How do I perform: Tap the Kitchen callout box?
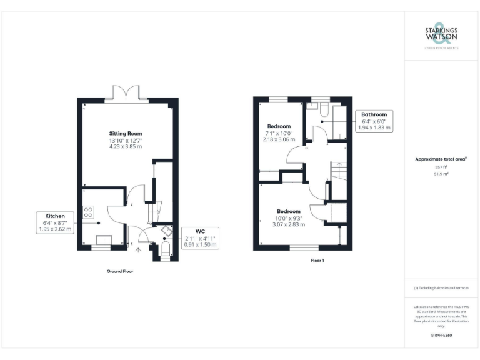pos(56,222)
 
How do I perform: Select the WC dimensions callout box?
pos(200,238)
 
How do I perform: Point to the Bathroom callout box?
pos(374,121)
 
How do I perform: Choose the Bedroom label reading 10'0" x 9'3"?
pos(289,217)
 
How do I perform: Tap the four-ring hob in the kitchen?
pos(88,212)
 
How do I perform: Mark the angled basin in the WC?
pos(166,231)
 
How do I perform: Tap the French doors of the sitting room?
pos(127,93)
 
